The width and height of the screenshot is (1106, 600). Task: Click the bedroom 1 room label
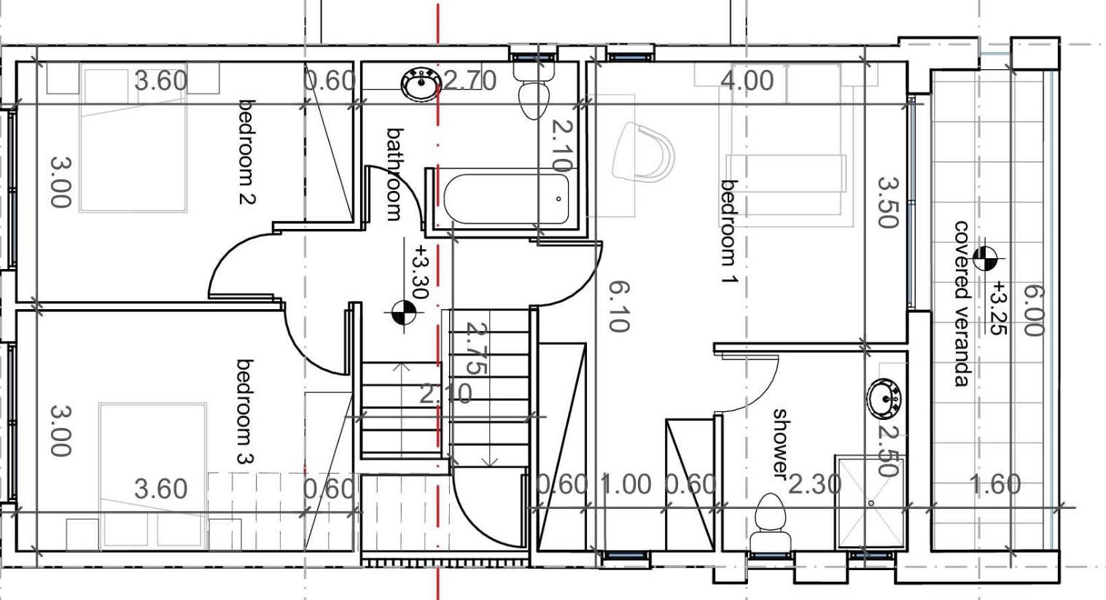tap(729, 232)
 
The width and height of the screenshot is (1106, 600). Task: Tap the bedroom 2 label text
tap(247, 152)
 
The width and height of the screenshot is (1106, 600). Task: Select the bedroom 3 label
tap(245, 412)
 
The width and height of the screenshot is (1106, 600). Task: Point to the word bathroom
tap(394, 174)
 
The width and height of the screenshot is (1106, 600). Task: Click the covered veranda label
tap(962, 303)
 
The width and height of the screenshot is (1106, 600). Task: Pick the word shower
tap(779, 443)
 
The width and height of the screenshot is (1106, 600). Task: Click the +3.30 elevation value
tap(421, 272)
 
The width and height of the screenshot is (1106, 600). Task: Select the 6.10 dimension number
tap(619, 306)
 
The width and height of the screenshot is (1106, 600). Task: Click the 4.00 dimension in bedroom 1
tap(747, 80)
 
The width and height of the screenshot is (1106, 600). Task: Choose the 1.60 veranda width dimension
tap(995, 484)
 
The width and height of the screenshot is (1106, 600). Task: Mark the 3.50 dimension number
tap(888, 203)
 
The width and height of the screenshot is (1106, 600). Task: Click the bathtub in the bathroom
tap(506, 199)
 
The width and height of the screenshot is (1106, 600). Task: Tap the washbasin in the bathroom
tap(421, 85)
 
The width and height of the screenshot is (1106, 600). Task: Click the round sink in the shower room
tap(884, 398)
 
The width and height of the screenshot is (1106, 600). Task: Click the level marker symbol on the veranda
tap(985, 258)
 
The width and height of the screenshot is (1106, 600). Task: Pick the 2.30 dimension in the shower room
tap(814, 484)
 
